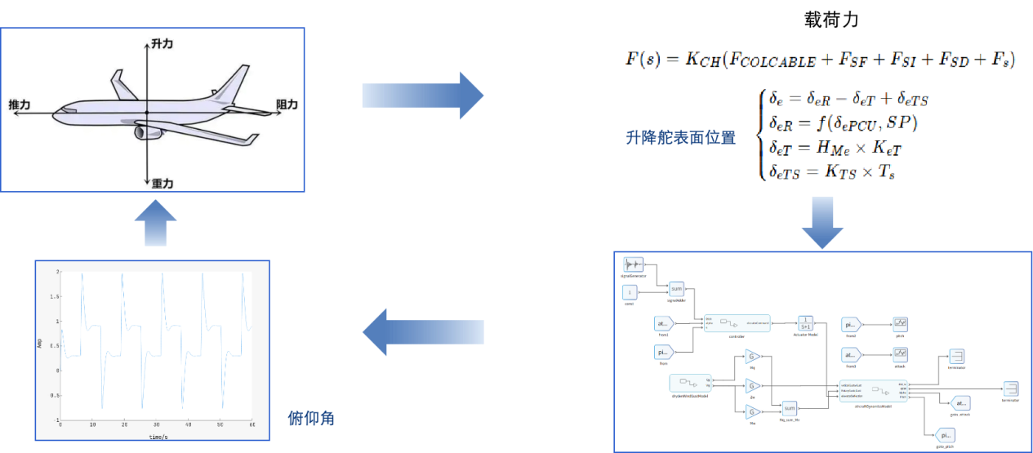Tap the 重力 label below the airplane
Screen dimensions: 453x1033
coord(163,184)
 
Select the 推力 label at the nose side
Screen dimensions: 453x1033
coord(20,104)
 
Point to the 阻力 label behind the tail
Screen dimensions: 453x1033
coord(287,104)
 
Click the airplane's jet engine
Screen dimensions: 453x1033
coord(147,131)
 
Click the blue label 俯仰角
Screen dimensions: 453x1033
coord(312,419)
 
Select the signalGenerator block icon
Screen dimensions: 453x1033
coord(633,264)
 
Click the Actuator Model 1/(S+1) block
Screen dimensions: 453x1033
coord(806,323)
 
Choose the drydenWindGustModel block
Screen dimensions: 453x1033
coord(688,383)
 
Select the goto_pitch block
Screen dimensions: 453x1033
coord(945,435)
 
